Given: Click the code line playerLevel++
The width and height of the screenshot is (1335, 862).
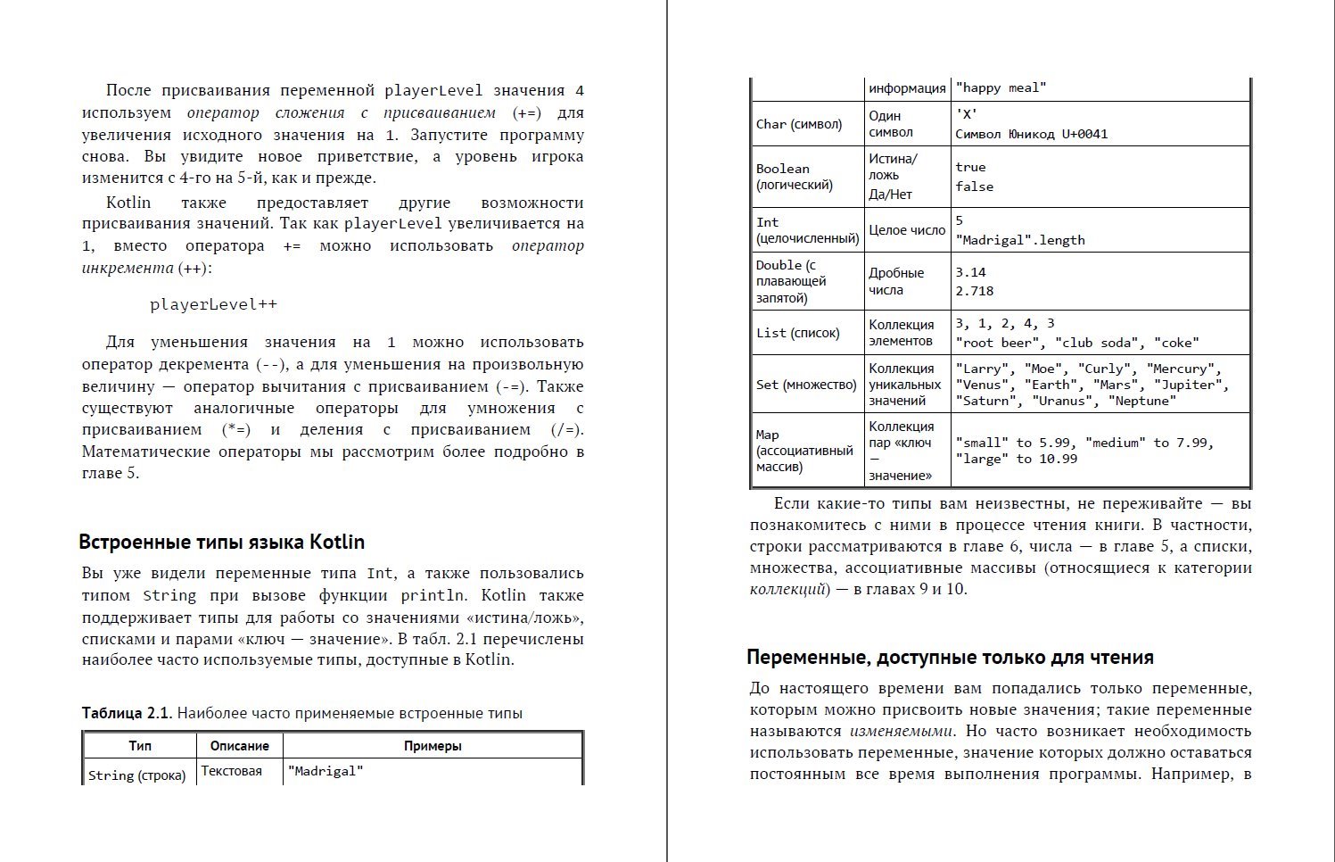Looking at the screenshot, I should (213, 304).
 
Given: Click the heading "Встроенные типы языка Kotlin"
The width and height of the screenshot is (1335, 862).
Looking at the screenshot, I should (221, 543).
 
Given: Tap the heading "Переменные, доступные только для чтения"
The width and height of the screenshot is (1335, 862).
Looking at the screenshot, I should (950, 658).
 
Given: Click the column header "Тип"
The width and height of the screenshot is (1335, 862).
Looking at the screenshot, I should (140, 746).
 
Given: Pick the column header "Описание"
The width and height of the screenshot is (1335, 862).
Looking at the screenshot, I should (239, 746).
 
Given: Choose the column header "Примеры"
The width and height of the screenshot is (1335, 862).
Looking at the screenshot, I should (433, 746).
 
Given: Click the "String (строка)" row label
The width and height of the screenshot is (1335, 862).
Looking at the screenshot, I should (137, 775).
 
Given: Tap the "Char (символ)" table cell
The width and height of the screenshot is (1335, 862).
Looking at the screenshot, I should (799, 124).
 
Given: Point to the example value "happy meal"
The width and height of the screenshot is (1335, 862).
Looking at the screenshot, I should (1001, 87).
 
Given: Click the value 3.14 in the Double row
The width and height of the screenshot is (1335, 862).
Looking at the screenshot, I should (970, 272).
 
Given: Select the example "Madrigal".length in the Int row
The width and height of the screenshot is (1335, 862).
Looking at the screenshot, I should (1020, 240).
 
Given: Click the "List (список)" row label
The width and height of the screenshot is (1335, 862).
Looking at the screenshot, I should (798, 333).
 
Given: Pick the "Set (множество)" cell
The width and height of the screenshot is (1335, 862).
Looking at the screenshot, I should (806, 385).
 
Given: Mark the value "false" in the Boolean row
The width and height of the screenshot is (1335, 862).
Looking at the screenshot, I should (974, 186).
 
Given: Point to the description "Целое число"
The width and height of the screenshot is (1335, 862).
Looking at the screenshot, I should (907, 230).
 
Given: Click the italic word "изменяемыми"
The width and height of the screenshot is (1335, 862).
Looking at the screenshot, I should (901, 731).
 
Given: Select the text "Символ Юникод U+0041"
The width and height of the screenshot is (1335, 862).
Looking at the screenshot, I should (1031, 134).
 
